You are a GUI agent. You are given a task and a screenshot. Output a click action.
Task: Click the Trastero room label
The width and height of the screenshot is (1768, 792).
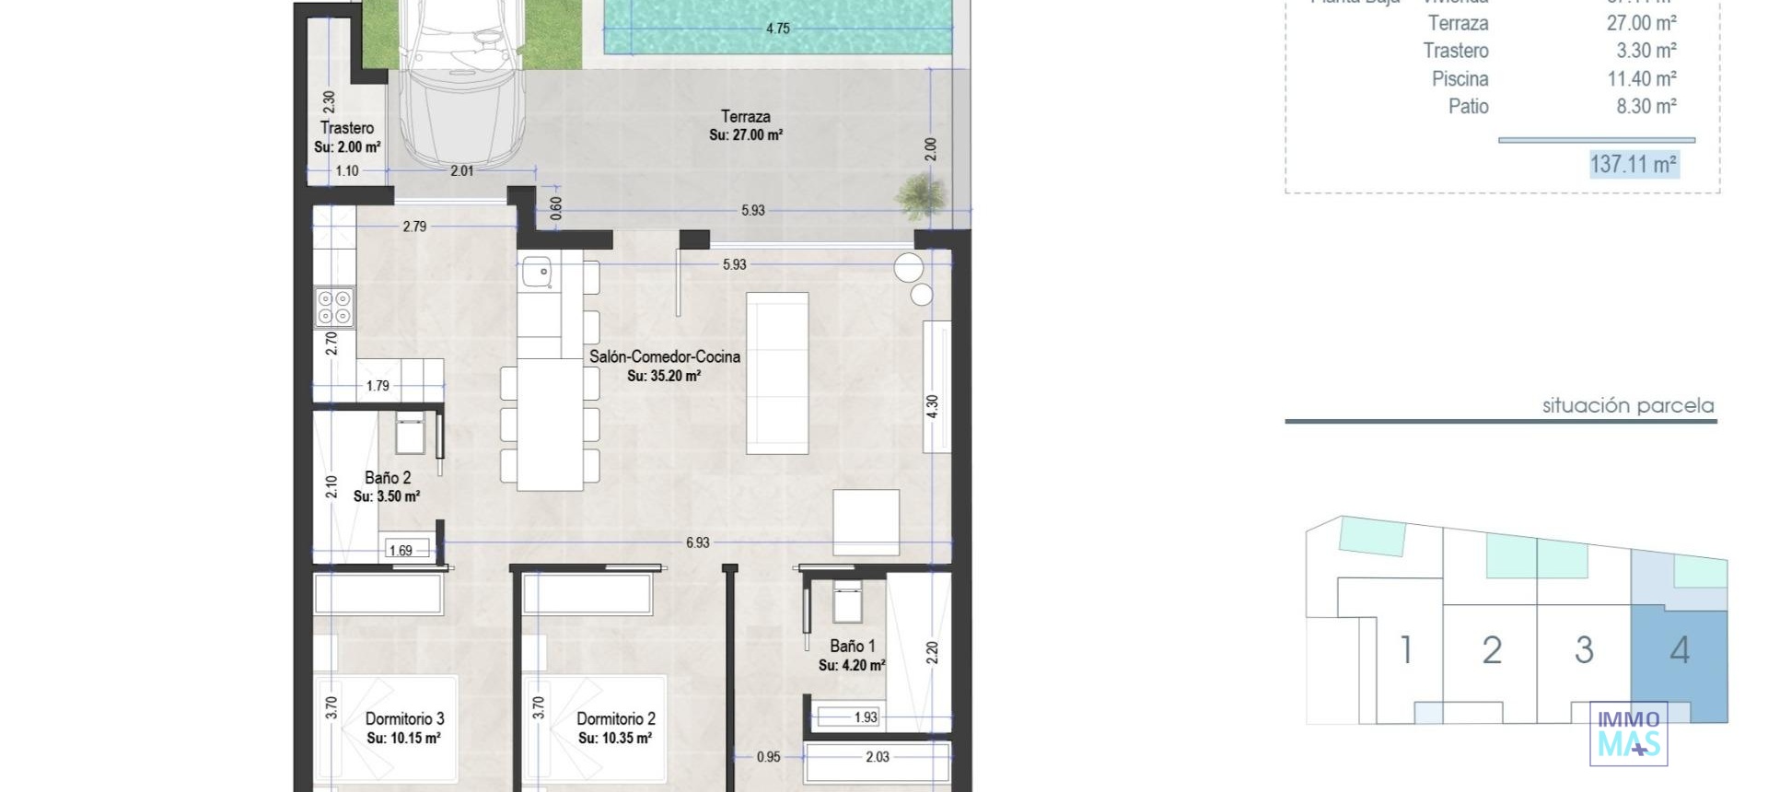[347, 128]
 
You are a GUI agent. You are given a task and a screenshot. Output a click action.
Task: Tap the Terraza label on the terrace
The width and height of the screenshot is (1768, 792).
[745, 117]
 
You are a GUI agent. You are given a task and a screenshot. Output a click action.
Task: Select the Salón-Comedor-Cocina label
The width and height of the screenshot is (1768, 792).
[664, 356]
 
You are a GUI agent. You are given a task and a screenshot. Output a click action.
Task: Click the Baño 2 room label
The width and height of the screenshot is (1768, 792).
[388, 477]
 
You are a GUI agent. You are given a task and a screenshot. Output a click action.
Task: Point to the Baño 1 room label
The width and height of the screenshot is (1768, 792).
[852, 646]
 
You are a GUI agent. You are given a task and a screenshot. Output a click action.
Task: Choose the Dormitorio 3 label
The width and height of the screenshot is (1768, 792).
[404, 718]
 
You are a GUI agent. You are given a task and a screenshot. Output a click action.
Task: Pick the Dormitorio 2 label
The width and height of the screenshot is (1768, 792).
[615, 718]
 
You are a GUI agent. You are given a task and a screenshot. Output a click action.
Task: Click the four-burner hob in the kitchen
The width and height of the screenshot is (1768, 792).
[333, 308]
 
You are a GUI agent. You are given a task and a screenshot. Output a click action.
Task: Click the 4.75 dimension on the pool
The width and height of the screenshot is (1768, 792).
[778, 29]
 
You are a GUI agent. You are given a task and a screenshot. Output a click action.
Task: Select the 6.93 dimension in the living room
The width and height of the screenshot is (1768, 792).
[698, 542]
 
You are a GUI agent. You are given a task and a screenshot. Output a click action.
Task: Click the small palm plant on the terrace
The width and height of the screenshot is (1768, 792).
[921, 195]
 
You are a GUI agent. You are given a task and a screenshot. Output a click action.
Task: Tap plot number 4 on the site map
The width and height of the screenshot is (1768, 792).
[1680, 651]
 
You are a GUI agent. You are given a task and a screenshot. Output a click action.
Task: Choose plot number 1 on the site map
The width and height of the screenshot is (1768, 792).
[1406, 650]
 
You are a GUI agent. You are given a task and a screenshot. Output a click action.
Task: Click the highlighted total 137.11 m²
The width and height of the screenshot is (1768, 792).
[1633, 164]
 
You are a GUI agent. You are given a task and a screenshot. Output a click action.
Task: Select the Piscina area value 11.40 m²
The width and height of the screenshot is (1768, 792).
[1641, 79]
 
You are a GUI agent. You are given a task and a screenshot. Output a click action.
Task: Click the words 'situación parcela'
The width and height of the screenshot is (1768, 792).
[1627, 405]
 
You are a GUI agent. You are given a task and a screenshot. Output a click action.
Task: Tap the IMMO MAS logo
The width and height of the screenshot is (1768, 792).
[1628, 733]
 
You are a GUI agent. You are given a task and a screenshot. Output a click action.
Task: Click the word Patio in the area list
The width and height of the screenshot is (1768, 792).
[1468, 107]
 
